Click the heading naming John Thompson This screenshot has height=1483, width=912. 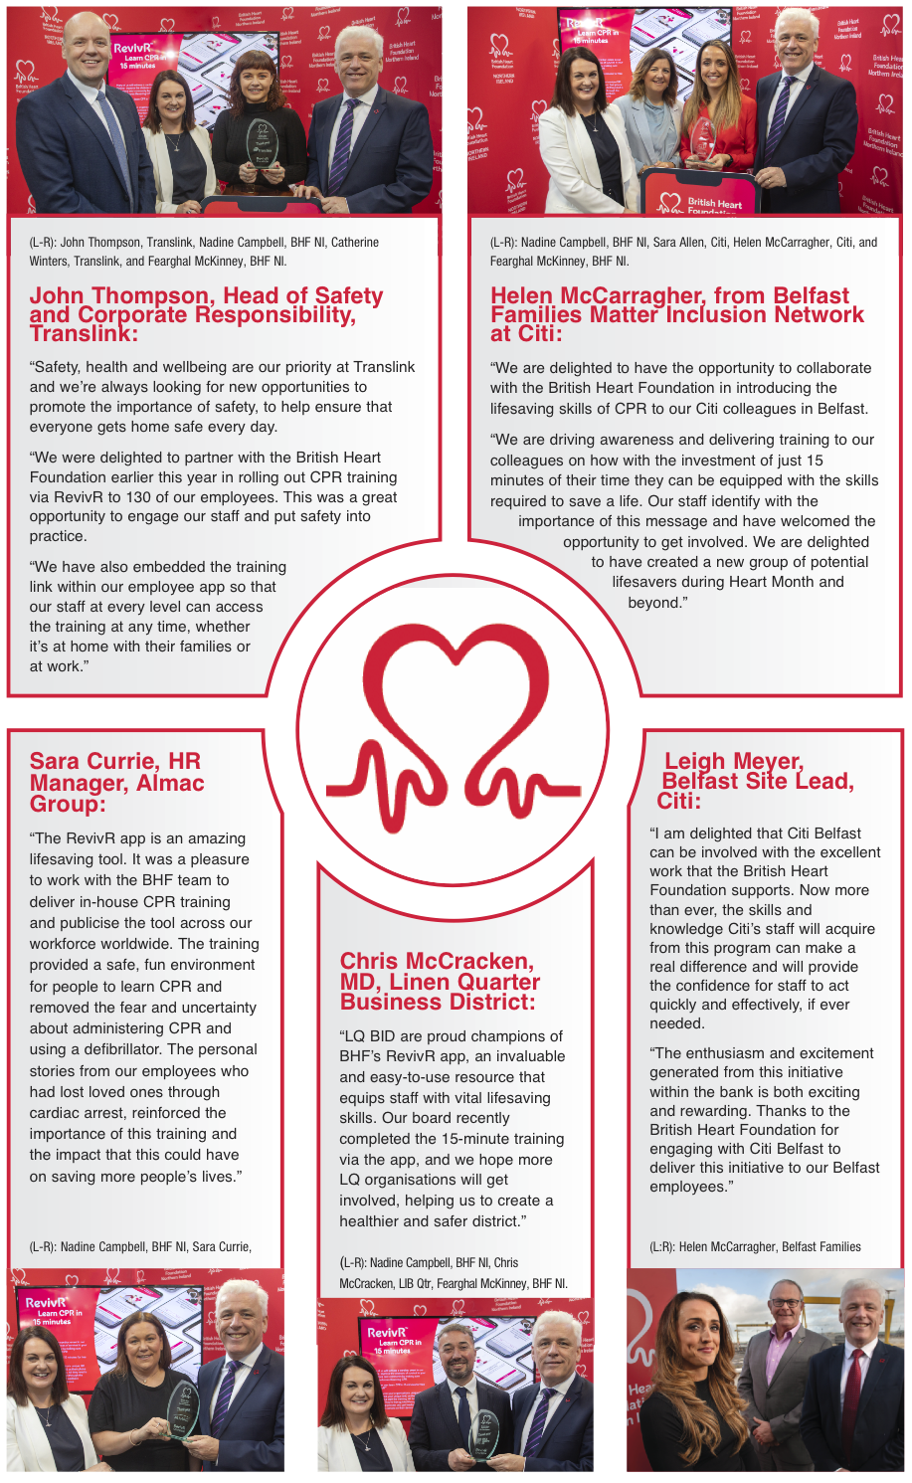click(206, 314)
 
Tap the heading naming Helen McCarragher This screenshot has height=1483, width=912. click(676, 314)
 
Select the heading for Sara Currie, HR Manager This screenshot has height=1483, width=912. click(116, 782)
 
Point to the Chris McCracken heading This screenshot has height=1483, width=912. click(440, 981)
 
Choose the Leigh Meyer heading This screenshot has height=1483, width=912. click(755, 781)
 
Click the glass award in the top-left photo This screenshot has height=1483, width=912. click(262, 143)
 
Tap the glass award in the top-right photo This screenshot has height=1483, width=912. click(703, 139)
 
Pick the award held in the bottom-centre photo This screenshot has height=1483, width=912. click(483, 1432)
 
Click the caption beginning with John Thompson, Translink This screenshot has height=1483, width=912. click(204, 252)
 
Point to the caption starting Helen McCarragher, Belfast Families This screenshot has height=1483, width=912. click(755, 1246)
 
